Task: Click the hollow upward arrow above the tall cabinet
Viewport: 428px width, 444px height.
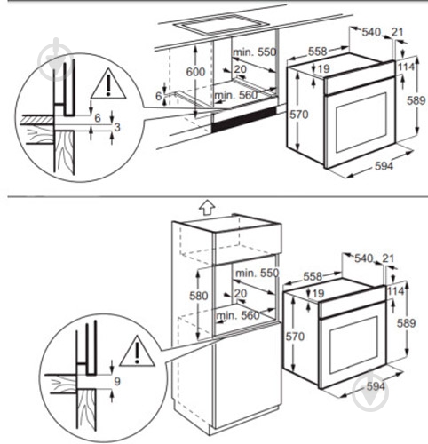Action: [205, 208]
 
